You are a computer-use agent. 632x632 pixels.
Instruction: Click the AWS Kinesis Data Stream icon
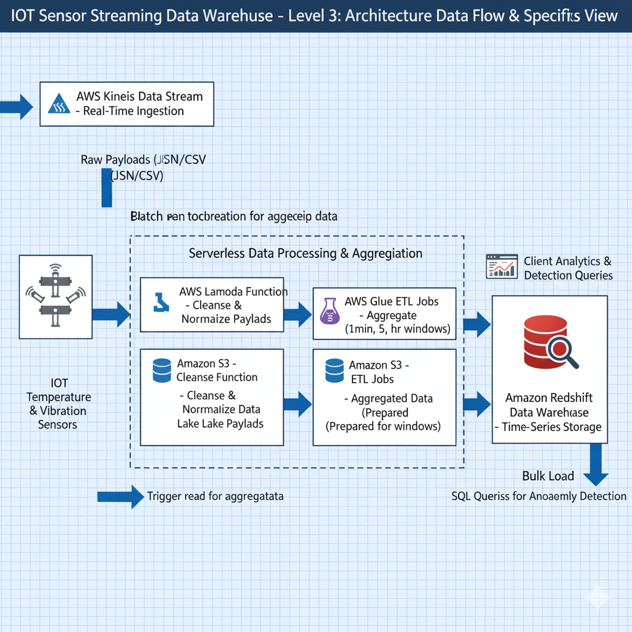pos(60,104)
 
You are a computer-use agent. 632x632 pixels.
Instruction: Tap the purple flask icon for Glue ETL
pos(329,310)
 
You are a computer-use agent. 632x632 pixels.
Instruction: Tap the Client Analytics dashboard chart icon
pos(501,266)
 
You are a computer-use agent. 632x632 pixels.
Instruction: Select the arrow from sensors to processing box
pos(110,314)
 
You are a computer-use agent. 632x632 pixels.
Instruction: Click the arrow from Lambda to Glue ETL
pos(297,314)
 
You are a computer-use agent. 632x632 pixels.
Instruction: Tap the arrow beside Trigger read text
pos(120,496)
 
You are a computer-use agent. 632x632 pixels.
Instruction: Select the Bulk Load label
pos(548,476)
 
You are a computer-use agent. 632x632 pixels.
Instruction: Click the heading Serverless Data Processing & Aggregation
pos(306,253)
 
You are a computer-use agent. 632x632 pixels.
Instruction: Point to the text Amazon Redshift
pos(549,398)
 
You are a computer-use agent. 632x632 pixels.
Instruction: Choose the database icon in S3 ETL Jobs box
pos(335,370)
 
